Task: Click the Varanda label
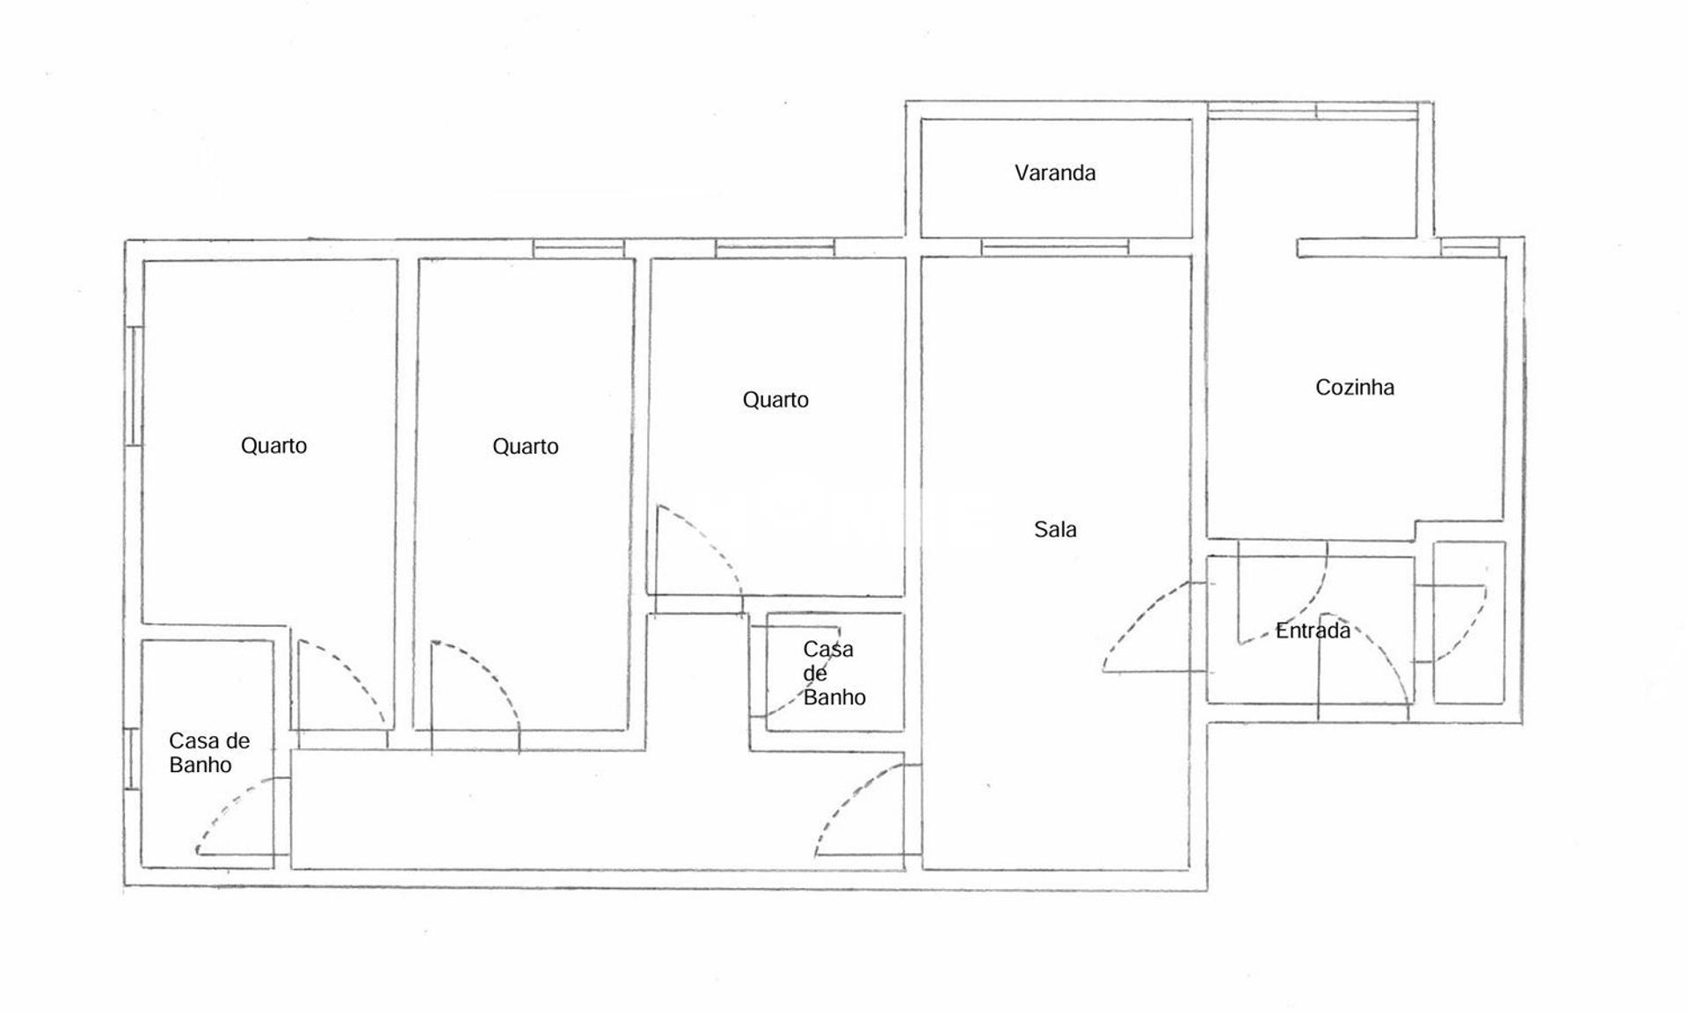click(1055, 172)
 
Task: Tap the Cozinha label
click(1355, 387)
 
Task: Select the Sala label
click(1055, 529)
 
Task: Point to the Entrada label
click(1313, 630)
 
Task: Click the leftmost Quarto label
click(273, 446)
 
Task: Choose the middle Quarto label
click(525, 447)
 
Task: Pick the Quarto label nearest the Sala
click(775, 400)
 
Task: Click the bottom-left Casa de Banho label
click(209, 753)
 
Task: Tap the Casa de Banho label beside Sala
click(834, 674)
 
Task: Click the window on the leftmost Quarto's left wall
click(135, 386)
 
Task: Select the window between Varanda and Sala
click(1054, 247)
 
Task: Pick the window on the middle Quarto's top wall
click(578, 249)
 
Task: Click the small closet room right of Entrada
click(1469, 623)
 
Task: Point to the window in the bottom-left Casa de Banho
click(133, 758)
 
